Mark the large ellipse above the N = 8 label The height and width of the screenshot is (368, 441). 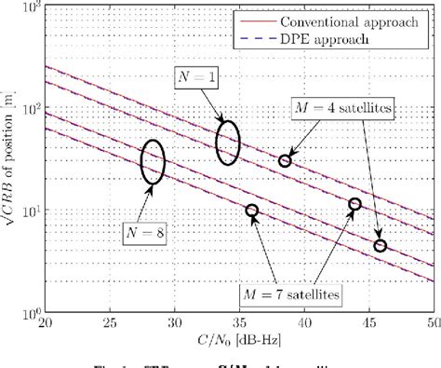[x=154, y=161]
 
